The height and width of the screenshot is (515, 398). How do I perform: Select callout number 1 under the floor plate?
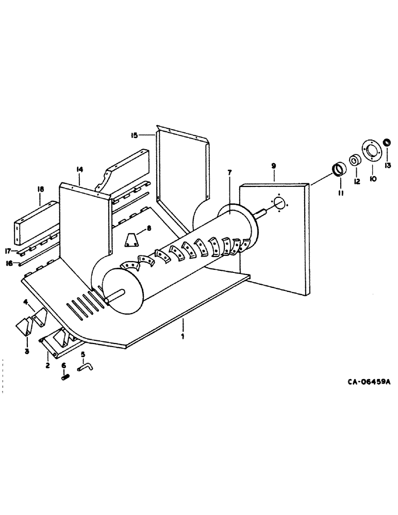pyautogui.click(x=183, y=335)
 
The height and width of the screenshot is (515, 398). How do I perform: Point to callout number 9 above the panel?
pyautogui.click(x=274, y=166)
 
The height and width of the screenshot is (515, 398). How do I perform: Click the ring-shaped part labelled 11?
pyautogui.click(x=339, y=169)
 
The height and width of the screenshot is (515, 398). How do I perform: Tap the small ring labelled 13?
pyautogui.click(x=387, y=143)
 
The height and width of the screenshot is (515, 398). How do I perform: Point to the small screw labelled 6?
pyautogui.click(x=65, y=377)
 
